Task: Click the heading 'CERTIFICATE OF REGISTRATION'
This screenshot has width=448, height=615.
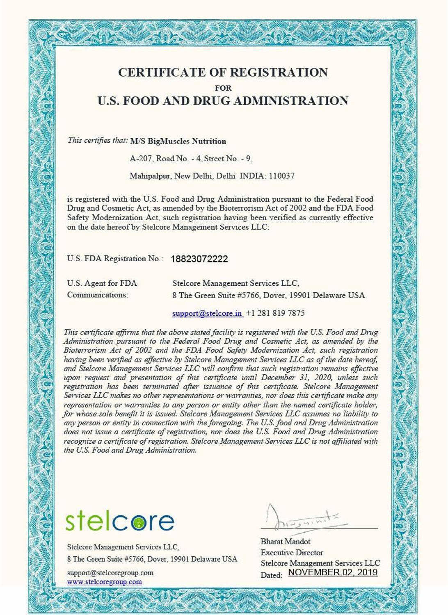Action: [x=223, y=73]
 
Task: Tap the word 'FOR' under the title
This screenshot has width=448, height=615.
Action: [x=223, y=88]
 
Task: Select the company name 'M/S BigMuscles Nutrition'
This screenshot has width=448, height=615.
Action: [x=178, y=141]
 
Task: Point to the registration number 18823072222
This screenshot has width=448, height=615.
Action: [x=199, y=259]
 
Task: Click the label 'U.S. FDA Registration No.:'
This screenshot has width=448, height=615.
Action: [x=115, y=259]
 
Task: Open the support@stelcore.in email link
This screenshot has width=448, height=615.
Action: [x=207, y=313]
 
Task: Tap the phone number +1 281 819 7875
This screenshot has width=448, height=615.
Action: [x=275, y=313]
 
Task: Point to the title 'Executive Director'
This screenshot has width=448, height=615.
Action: [x=292, y=553]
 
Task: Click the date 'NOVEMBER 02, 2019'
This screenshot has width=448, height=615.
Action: [x=333, y=572]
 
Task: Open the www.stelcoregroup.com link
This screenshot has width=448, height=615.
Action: [x=105, y=582]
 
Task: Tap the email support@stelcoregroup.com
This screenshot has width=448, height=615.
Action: [x=110, y=573]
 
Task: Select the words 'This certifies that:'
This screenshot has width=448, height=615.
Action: [x=98, y=140]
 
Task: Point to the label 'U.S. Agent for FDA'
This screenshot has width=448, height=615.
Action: [x=102, y=283]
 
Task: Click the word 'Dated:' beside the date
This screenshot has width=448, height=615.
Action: [x=271, y=575]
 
